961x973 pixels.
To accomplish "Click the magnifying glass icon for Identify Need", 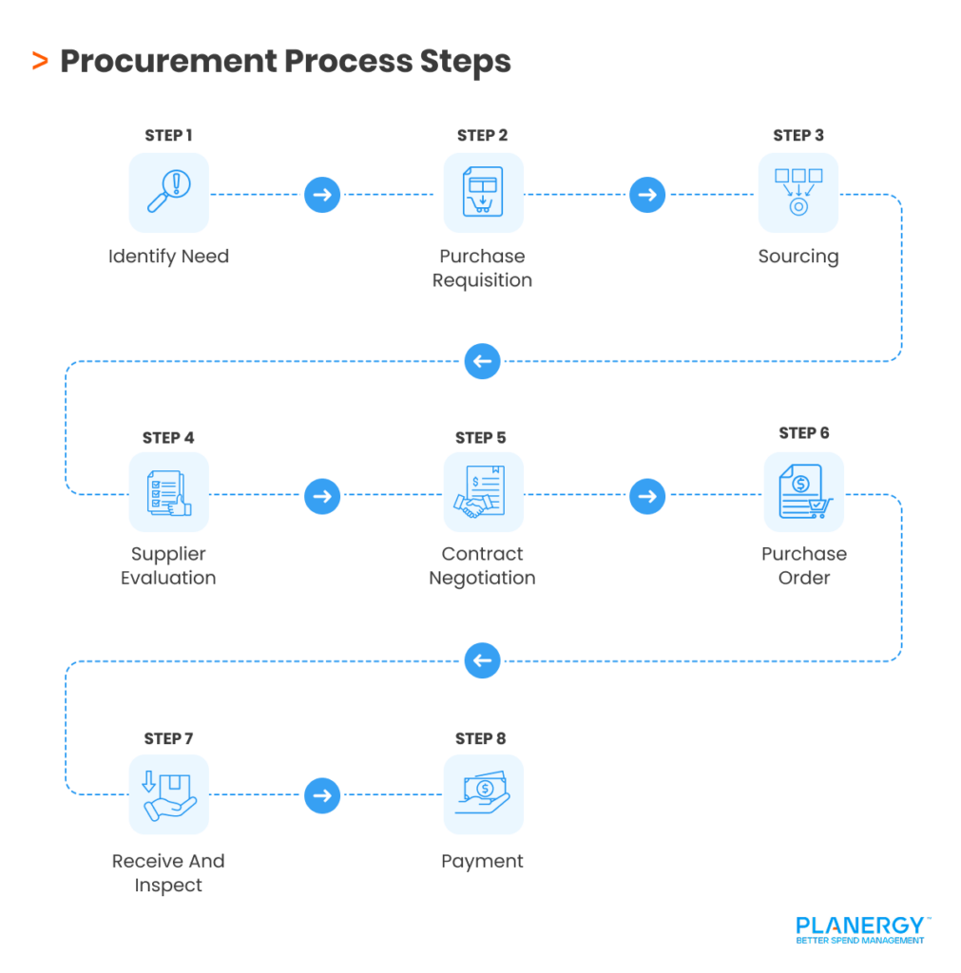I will coord(168,193).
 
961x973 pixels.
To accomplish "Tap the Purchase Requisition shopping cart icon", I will coord(483,193).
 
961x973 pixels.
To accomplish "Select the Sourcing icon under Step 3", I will coord(798,193).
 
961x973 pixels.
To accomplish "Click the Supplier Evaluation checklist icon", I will coord(168,492).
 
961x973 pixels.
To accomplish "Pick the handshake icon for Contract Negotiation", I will coord(483,492).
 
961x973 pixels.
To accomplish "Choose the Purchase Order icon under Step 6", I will coord(803,492).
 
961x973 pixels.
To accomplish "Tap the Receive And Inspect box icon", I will coord(168,794).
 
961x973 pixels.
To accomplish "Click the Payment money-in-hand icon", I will coord(483,794).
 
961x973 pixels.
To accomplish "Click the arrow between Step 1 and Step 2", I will coord(322,195).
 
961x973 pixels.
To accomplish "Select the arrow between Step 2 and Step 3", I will coord(647,195).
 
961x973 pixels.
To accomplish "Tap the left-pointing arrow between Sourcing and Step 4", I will coord(483,361).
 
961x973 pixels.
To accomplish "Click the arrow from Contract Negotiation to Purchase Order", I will coord(647,495).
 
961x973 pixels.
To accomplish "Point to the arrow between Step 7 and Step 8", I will coord(322,795).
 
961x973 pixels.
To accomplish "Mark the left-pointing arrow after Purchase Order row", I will coord(483,660).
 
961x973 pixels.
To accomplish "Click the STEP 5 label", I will coord(481,438).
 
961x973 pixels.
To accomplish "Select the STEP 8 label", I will coord(481,738).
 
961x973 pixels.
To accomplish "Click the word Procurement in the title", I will coord(168,62).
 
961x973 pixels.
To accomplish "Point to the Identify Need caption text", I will coord(168,257).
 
